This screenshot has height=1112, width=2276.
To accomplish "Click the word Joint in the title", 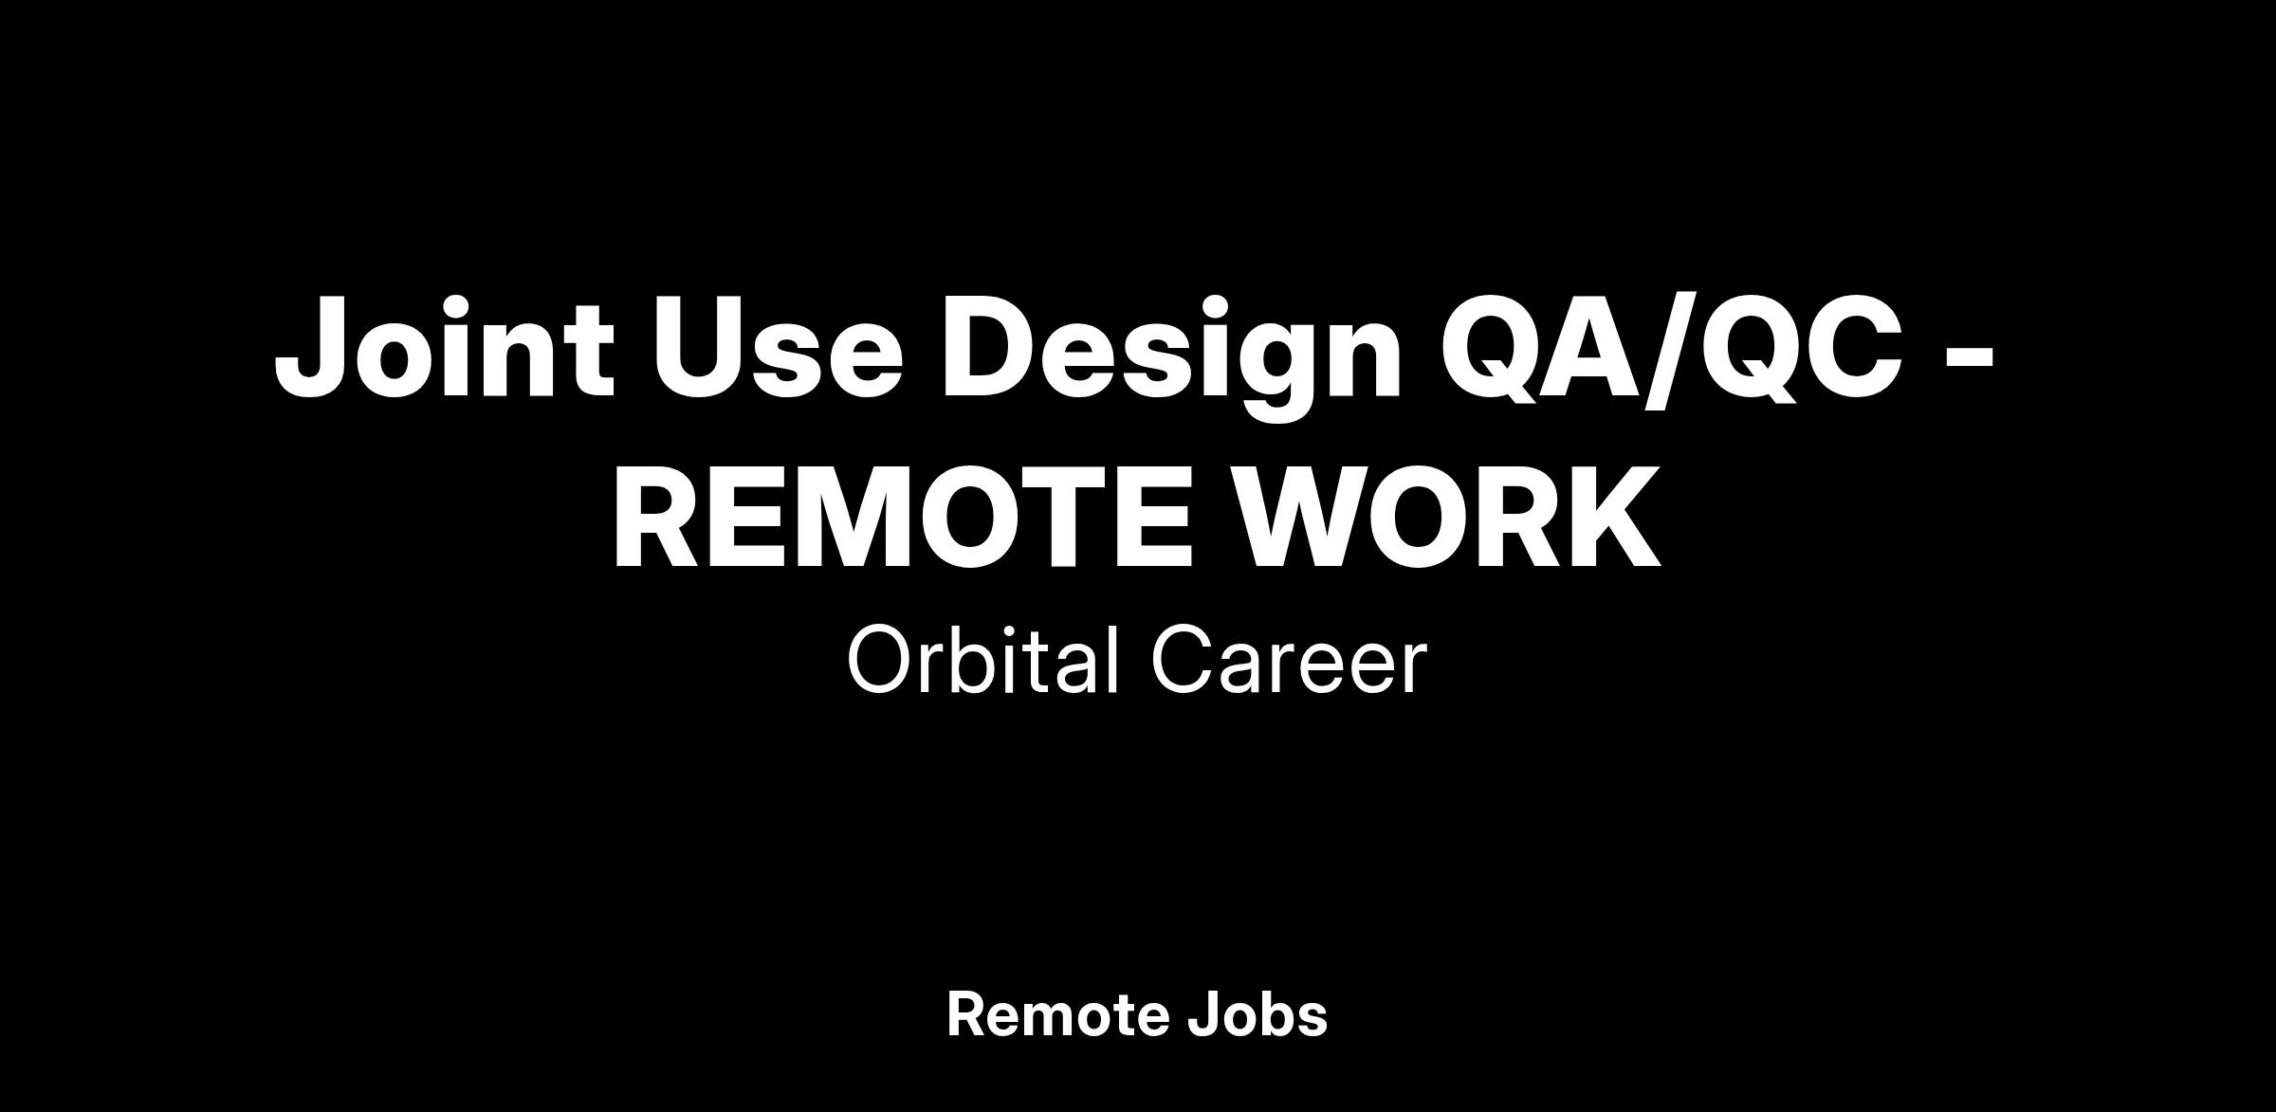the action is pos(444,347).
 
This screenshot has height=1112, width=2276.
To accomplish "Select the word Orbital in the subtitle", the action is pos(982,659).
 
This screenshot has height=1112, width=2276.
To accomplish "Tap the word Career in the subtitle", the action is pos(1290,660).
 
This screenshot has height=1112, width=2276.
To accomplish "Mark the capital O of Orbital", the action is pos(881,660).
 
